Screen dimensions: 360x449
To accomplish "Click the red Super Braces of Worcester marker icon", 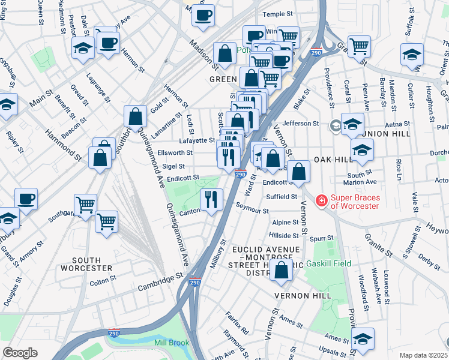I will [x=322, y=200].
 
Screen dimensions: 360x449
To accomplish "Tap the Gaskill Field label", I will [x=328, y=263].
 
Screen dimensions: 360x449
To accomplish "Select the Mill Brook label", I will [x=172, y=343].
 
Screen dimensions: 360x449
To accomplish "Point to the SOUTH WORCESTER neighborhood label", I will [x=83, y=263].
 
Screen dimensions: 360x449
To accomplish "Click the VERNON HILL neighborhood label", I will [x=303, y=296].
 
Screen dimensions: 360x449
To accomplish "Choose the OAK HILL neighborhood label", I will [x=334, y=160].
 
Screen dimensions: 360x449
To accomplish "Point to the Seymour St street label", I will [x=252, y=210].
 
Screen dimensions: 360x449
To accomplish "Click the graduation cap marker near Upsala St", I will [x=363, y=338].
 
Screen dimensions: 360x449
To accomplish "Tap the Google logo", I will [x=20, y=353].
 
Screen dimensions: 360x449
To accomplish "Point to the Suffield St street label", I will [x=282, y=196].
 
